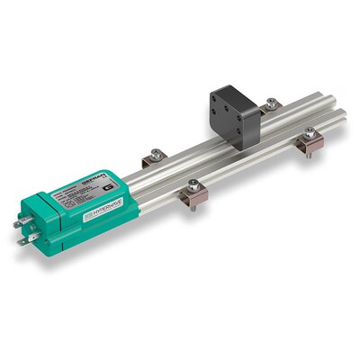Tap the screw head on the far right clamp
(309, 132)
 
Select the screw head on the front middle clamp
(193, 184)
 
